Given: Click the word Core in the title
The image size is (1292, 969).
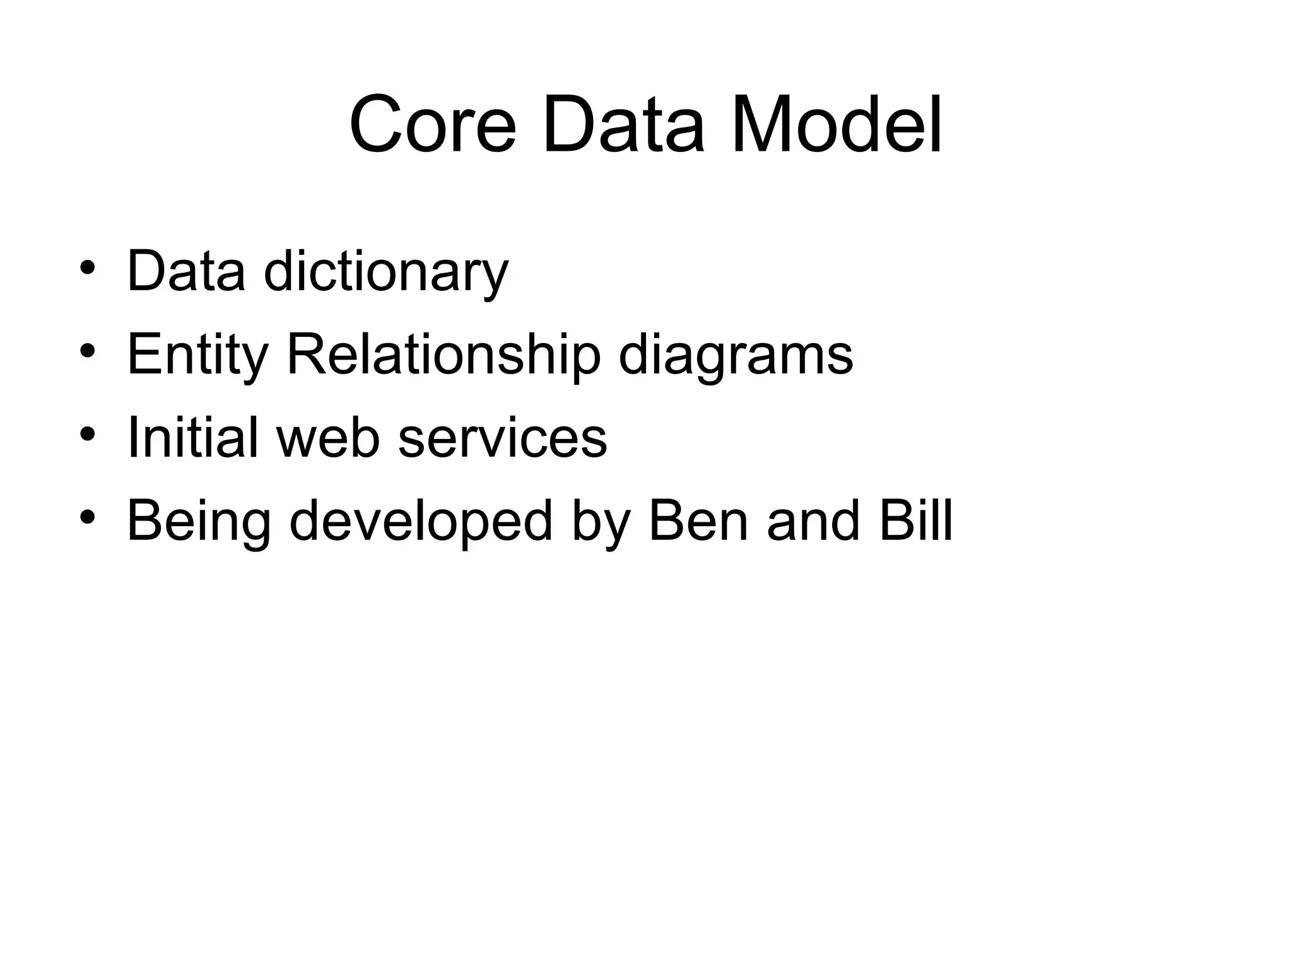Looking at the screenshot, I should click(x=433, y=124).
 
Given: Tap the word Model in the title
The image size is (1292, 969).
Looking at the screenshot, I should click(x=837, y=124).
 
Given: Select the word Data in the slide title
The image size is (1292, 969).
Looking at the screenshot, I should click(x=623, y=124).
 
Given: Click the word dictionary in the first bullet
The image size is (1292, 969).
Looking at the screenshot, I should click(x=385, y=272).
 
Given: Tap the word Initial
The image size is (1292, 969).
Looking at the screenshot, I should click(x=192, y=437).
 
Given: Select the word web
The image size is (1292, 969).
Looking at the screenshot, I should click(x=328, y=437).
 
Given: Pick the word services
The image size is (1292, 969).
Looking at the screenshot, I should click(x=503, y=438).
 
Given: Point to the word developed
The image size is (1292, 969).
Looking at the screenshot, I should click(x=421, y=522).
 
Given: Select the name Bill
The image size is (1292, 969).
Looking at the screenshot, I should click(x=915, y=520).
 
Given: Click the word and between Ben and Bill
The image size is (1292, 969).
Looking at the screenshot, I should click(x=813, y=520).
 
